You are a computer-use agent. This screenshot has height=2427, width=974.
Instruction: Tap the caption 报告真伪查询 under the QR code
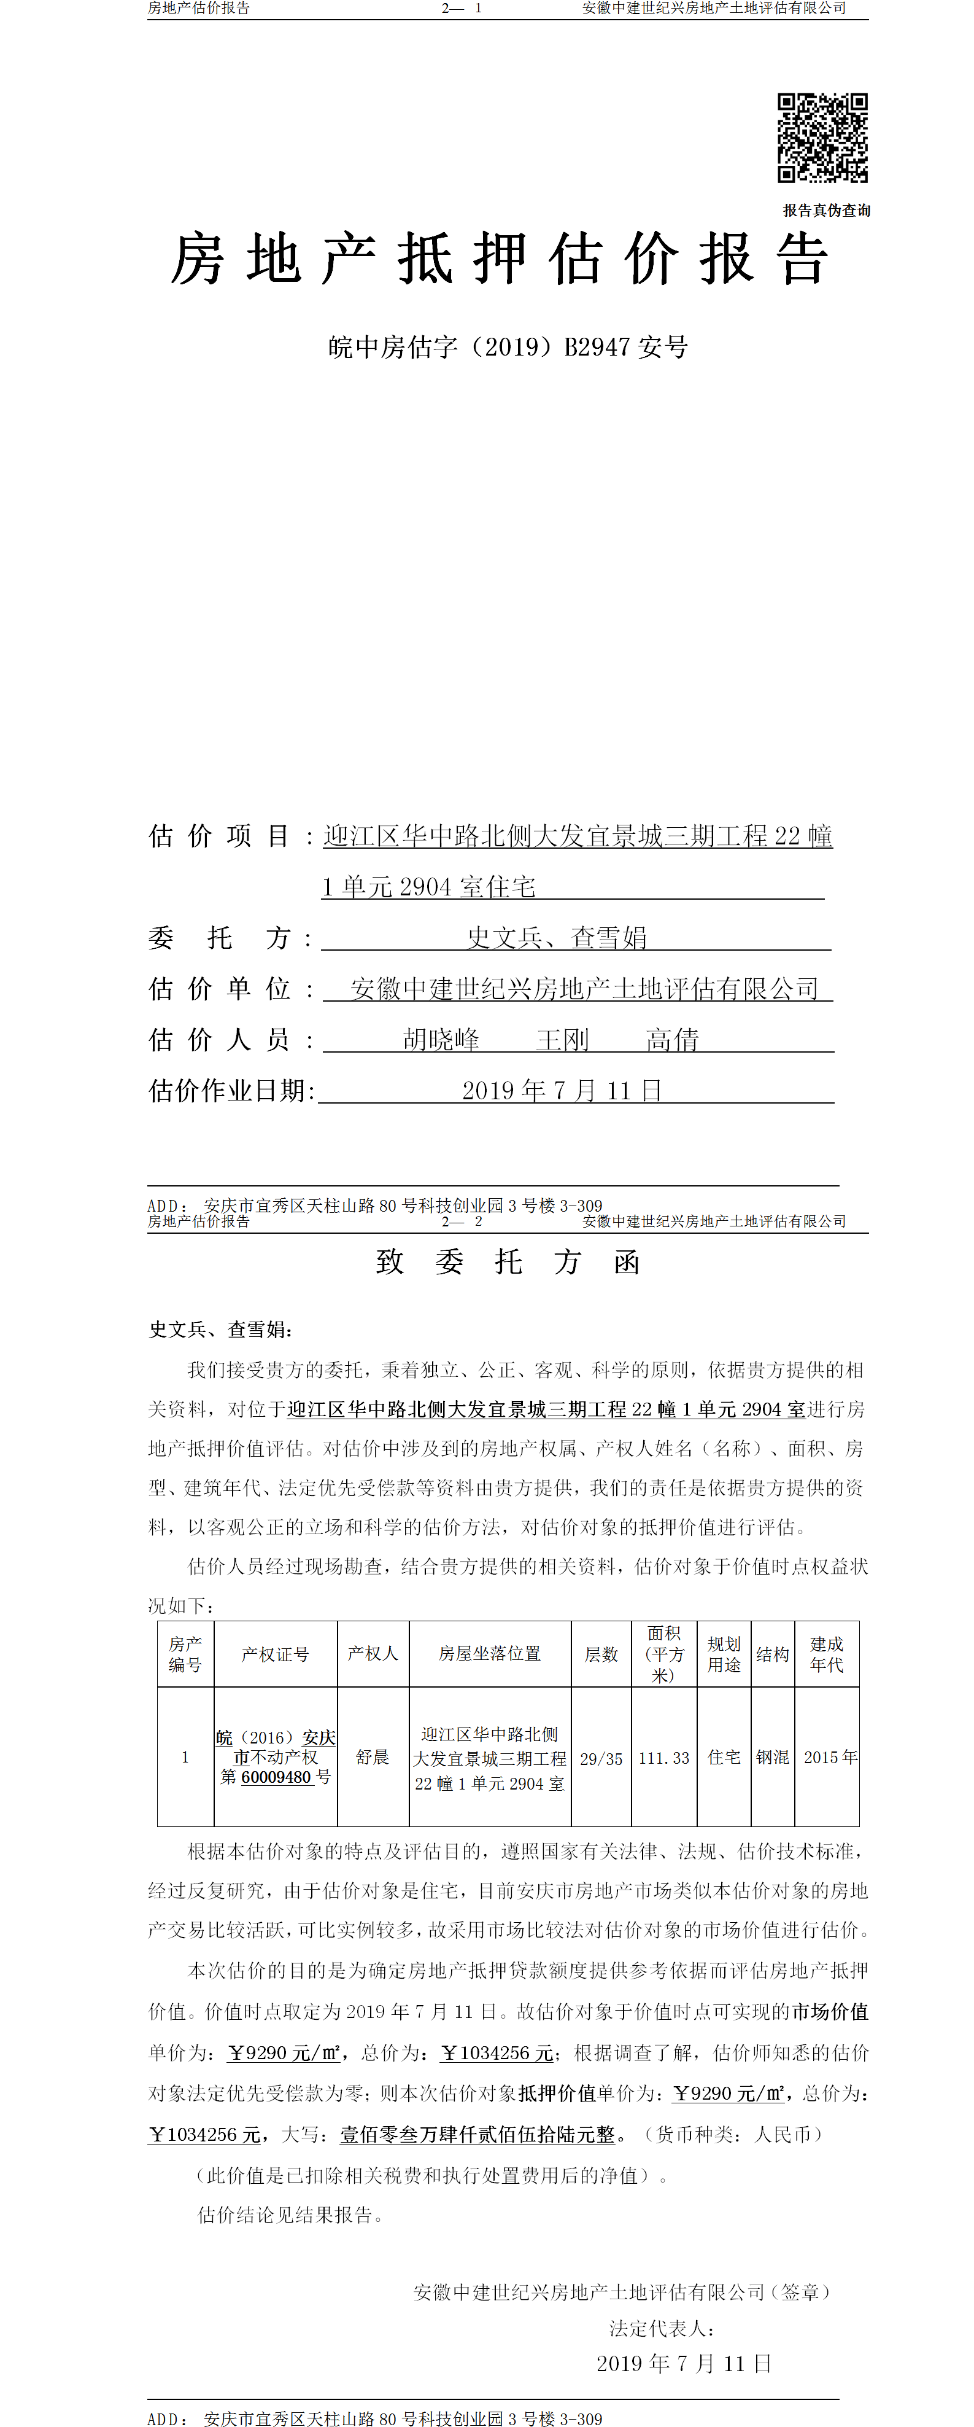pyautogui.click(x=826, y=210)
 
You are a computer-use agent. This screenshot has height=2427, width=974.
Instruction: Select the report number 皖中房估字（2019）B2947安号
pyautogui.click(x=508, y=348)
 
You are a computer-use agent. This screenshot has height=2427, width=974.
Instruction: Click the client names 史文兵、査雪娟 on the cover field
pyautogui.click(x=557, y=937)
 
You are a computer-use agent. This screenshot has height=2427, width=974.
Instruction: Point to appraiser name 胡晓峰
pyautogui.click(x=441, y=1039)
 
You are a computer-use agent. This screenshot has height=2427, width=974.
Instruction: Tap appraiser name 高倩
pyautogui.click(x=671, y=1039)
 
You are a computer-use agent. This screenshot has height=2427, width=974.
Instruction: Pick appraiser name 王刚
pyautogui.click(x=562, y=1039)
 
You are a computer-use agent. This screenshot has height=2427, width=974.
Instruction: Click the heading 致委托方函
pyautogui.click(x=508, y=1261)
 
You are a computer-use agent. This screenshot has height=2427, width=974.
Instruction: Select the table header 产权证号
pyautogui.click(x=275, y=1654)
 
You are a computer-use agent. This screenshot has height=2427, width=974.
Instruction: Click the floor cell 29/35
pyautogui.click(x=601, y=1758)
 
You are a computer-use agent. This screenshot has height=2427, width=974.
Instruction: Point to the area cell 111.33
pyautogui.click(x=664, y=1758)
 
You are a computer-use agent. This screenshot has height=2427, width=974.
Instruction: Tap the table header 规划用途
pyautogui.click(x=724, y=1654)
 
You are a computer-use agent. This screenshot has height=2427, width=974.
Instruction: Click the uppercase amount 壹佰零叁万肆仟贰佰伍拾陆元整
pyautogui.click(x=477, y=2134)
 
